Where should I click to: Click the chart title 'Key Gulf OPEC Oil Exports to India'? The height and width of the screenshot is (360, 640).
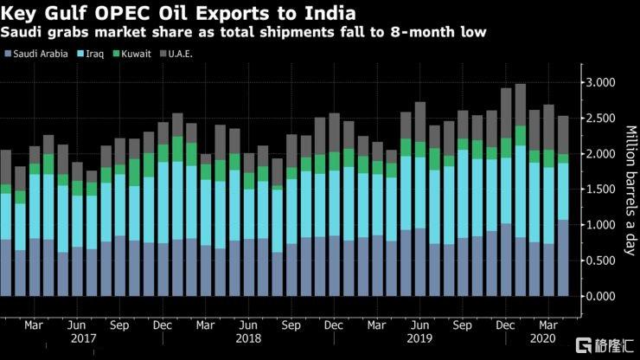click(x=177, y=13)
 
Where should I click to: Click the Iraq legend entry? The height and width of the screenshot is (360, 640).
click(x=93, y=54)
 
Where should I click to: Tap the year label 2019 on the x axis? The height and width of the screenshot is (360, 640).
click(x=419, y=340)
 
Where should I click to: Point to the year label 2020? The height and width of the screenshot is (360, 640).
click(x=547, y=340)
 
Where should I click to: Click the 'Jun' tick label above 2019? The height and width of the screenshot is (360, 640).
click(x=419, y=326)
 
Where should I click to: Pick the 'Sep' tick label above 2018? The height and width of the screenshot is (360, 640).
click(x=291, y=326)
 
